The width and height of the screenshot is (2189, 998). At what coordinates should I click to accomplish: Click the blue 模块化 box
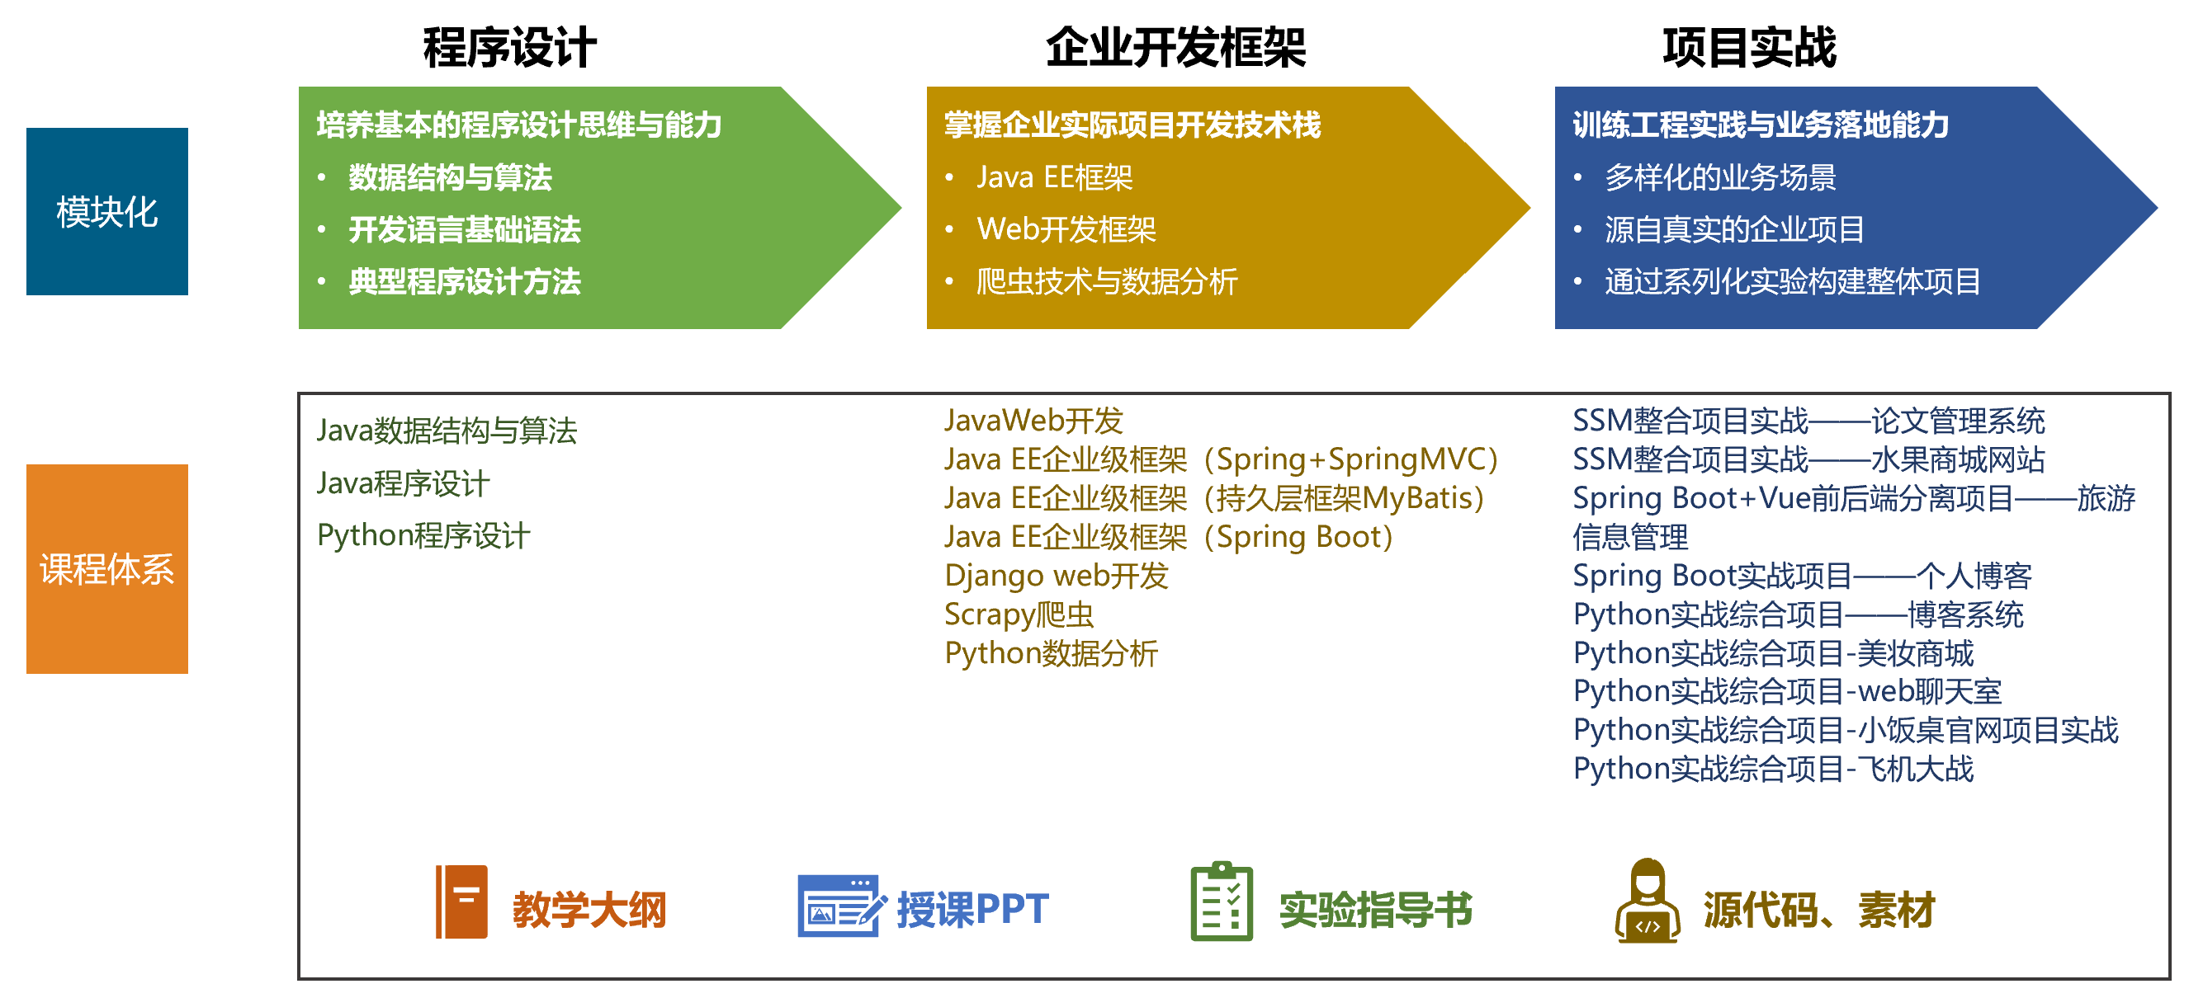[107, 211]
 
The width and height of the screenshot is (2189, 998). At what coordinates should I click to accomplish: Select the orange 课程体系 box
[107, 569]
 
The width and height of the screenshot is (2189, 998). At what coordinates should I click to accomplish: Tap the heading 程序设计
[510, 48]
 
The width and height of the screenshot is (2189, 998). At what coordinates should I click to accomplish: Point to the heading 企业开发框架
[1175, 48]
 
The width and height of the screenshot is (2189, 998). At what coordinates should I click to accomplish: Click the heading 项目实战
[1750, 48]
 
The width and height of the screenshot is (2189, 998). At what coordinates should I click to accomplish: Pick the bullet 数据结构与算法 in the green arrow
[451, 177]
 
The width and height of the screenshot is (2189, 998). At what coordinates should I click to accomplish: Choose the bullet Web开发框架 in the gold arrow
[1066, 229]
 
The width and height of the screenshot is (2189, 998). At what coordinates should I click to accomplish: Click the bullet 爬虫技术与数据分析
[1106, 281]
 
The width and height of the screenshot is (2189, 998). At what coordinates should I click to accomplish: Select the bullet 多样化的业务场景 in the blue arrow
[1721, 177]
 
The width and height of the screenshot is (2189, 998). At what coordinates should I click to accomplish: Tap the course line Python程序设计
[423, 536]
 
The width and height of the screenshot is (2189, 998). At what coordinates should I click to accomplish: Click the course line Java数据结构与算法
[447, 431]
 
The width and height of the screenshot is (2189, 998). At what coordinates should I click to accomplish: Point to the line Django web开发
[1057, 576]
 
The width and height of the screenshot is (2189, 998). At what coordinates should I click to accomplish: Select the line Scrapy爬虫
[1019, 614]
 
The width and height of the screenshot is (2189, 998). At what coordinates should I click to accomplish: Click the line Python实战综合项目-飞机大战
[1774, 769]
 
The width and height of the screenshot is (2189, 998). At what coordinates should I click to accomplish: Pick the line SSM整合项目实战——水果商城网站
[1808, 459]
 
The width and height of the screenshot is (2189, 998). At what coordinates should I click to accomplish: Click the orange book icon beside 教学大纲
[461, 902]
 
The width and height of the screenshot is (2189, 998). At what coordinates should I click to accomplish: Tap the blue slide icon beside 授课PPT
[841, 906]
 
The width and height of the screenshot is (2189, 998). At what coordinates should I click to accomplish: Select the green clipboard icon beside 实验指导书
[1222, 901]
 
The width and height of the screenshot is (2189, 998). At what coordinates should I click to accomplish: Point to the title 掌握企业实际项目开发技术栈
[1132, 125]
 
